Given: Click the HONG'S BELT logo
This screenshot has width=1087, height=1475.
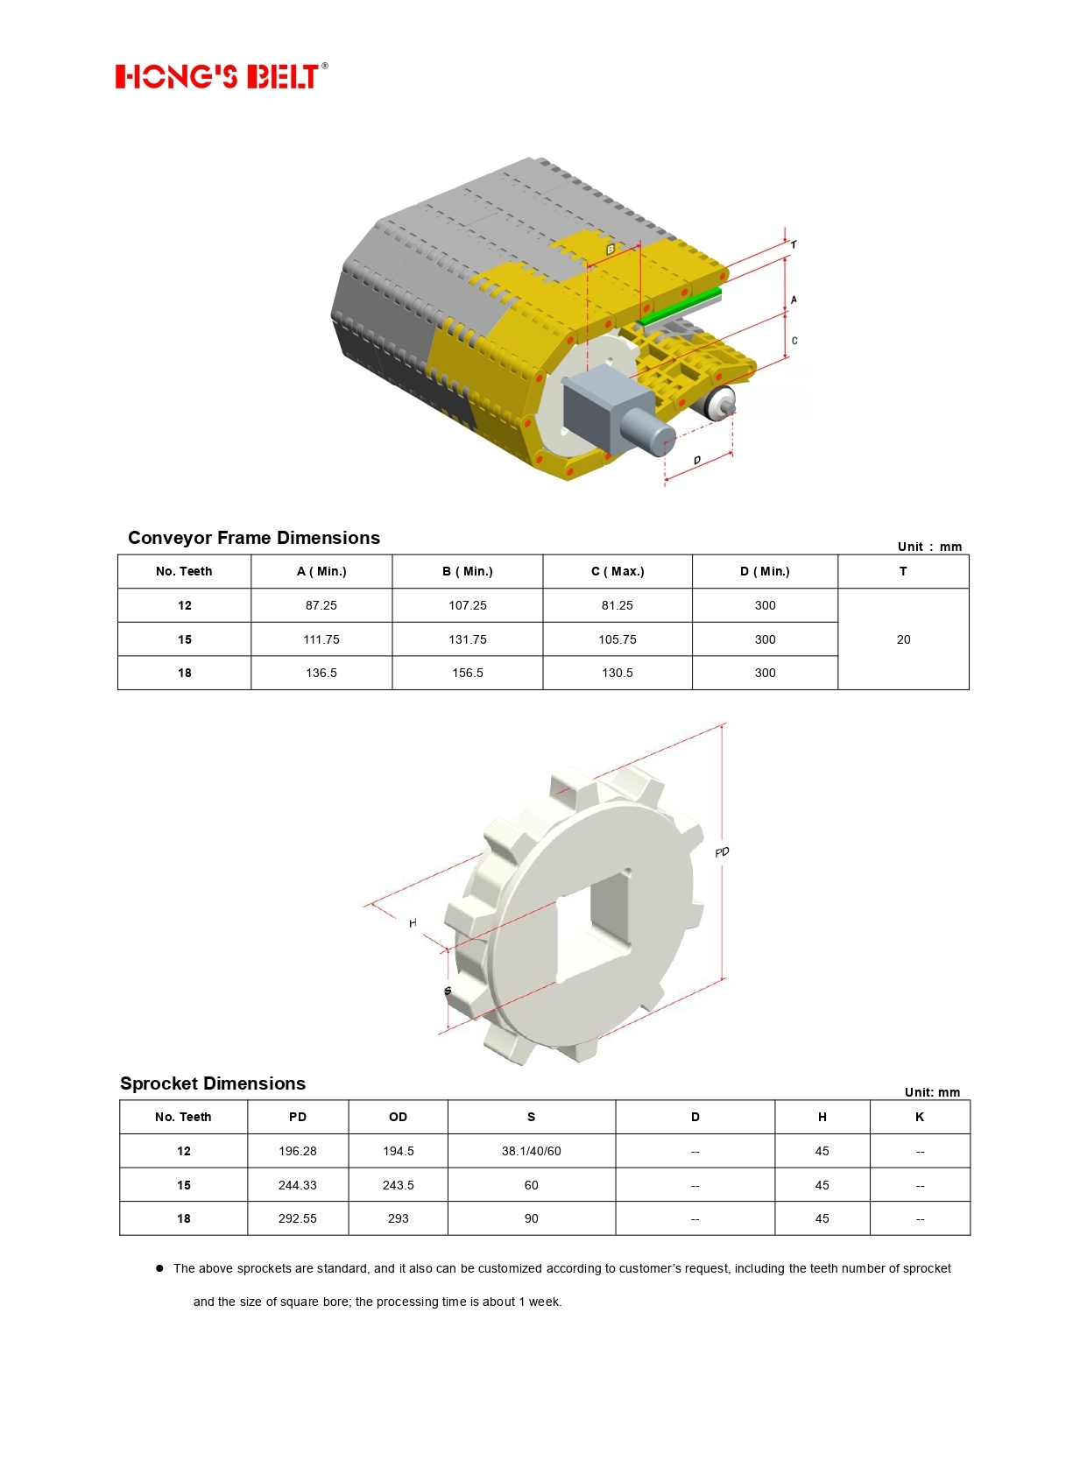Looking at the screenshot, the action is [221, 76].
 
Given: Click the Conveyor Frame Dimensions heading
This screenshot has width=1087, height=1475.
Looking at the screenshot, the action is [254, 538].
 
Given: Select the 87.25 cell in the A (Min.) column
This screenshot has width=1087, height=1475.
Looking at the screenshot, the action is [321, 605].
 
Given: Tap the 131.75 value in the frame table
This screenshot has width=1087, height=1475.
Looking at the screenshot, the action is [468, 639].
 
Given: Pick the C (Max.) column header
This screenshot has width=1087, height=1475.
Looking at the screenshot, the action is [618, 572].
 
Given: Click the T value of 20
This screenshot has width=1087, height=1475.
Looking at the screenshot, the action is [903, 639].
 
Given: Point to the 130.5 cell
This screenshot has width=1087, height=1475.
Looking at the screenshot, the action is [618, 673].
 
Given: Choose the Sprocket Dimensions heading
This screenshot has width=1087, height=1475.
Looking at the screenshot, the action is [213, 1083].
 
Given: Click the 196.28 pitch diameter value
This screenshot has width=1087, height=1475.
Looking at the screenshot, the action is [298, 1151].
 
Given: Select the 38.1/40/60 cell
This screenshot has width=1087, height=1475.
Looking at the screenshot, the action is [532, 1151].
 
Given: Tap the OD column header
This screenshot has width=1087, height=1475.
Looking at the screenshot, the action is [399, 1117].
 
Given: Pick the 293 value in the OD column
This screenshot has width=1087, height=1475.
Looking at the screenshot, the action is [399, 1218].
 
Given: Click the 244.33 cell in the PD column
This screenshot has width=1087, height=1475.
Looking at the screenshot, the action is [298, 1185].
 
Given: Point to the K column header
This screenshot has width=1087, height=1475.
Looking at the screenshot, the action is [920, 1117].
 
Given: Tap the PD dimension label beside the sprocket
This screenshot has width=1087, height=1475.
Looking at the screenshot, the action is [722, 852].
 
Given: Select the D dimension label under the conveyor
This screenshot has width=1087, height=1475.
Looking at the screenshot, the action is [697, 461].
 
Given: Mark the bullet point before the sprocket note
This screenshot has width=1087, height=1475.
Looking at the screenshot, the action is [159, 1268].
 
